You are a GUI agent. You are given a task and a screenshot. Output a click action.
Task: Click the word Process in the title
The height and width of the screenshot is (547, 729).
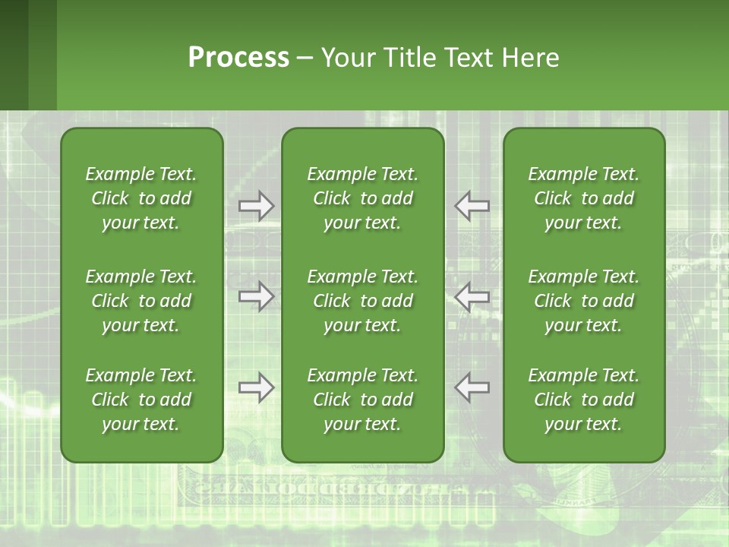[238, 58]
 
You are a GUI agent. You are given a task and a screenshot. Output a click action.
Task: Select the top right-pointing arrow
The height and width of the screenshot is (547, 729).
[256, 206]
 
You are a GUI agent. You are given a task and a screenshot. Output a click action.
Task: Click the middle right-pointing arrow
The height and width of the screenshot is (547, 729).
[256, 296]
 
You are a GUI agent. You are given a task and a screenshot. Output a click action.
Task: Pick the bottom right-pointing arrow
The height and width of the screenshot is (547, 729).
[256, 387]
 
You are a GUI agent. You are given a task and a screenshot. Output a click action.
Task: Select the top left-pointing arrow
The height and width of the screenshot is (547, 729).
[472, 206]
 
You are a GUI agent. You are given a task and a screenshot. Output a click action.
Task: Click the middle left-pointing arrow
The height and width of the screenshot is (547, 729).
[472, 296]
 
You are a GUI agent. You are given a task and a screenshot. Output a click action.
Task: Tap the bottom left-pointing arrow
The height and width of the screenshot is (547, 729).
[472, 387]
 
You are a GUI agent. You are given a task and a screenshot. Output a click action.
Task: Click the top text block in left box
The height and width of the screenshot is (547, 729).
[141, 198]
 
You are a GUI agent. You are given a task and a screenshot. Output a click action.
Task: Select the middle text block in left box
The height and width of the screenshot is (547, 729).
[141, 301]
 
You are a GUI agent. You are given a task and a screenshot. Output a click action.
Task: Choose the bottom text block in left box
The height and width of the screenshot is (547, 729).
[141, 400]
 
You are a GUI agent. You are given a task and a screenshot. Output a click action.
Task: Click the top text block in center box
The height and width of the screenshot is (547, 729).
[362, 198]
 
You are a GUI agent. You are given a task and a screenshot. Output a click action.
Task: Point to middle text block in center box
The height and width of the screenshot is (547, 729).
[362, 301]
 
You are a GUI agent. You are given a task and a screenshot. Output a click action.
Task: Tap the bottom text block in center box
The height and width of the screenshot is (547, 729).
[362, 400]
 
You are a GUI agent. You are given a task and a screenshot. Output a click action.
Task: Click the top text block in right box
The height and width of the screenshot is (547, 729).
[583, 198]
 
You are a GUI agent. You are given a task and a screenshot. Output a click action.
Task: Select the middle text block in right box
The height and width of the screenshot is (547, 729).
[583, 301]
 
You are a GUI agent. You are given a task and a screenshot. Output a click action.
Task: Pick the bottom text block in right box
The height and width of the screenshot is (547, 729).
[583, 400]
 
